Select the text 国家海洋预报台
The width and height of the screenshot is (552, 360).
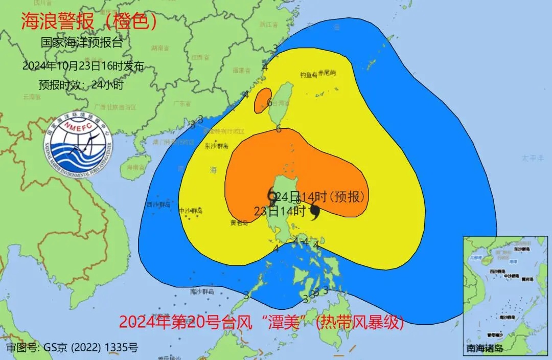click(x=82, y=43)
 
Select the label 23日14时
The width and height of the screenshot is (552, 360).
click(x=280, y=211)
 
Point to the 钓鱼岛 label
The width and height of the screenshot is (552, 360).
click(x=309, y=75)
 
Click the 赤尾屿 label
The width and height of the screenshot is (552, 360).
click(x=327, y=73)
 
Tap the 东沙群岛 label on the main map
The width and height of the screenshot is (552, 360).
click(x=215, y=146)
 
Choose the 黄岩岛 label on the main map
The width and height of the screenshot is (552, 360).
click(x=239, y=222)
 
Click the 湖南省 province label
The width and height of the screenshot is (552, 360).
click(x=160, y=48)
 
